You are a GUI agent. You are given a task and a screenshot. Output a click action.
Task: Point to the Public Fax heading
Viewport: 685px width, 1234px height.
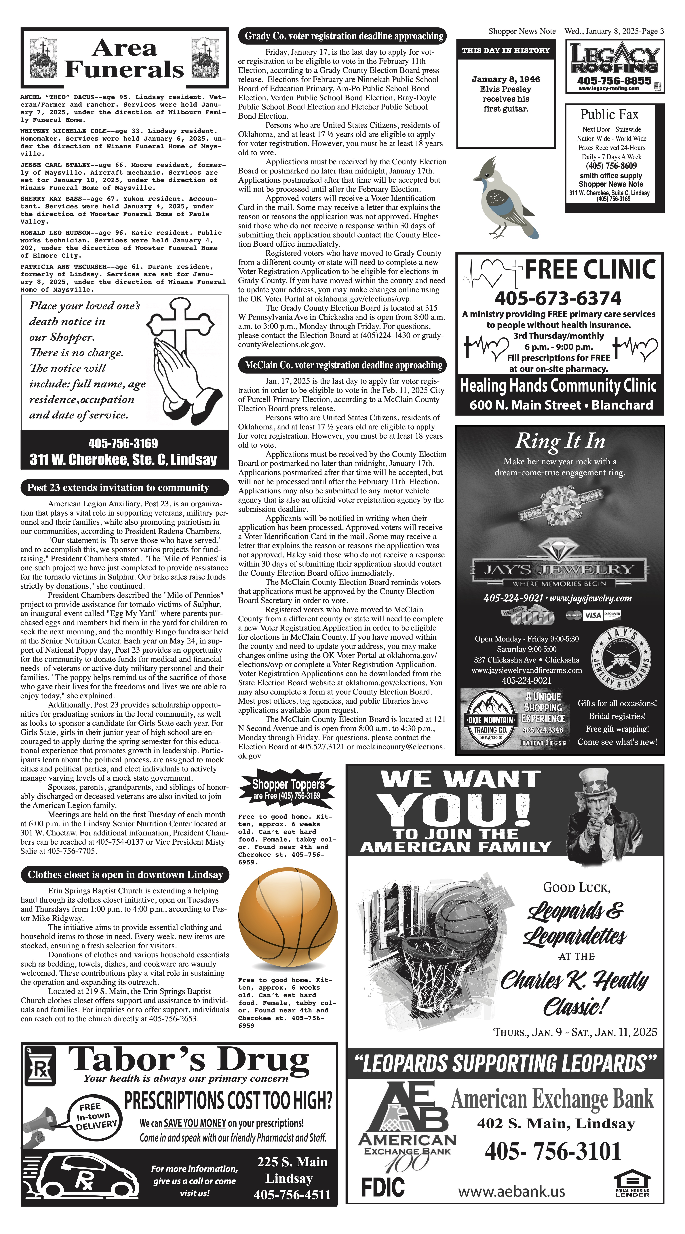pos(609,114)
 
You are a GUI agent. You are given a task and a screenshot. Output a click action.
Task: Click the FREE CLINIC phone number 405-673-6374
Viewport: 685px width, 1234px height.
pos(558,298)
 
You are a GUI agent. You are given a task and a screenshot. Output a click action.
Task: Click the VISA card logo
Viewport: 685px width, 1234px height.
pos(592,615)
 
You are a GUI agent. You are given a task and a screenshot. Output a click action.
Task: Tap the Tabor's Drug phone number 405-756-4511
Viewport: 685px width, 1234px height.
pos(292,1195)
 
